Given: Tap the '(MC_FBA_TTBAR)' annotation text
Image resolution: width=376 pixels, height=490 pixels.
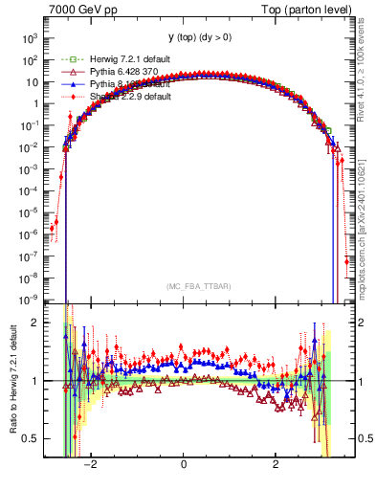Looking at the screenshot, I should point(185,286).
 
